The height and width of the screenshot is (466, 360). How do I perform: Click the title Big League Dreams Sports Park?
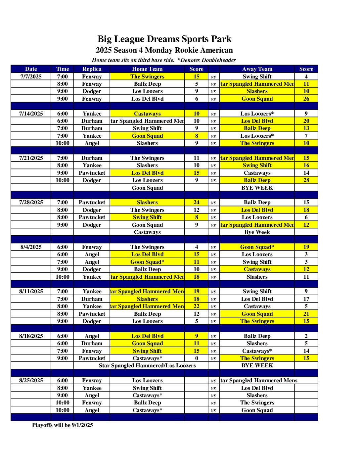coord(164,39)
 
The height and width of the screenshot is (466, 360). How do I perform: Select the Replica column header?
coord(92,69)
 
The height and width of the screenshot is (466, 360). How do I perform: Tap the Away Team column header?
coord(257,69)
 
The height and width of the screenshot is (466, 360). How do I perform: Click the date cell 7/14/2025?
coord(31,114)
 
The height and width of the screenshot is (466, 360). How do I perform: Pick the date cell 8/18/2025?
coord(31,336)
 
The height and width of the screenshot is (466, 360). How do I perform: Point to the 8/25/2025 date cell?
coord(31,380)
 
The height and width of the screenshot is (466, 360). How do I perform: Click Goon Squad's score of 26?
coord(306,99)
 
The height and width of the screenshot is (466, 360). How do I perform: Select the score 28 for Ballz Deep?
coord(306,180)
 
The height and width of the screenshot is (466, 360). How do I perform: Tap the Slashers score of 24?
coord(196,202)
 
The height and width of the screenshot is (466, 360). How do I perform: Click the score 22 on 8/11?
coord(196,306)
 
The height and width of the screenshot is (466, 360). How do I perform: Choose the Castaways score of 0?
coord(196,358)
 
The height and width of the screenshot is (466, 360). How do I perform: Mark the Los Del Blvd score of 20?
coord(306,121)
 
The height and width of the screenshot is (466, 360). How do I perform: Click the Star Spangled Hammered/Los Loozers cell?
coord(147,365)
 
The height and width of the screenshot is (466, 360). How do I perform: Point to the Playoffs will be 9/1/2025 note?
coord(62,425)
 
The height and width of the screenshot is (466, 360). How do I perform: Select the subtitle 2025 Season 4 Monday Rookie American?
coord(164,50)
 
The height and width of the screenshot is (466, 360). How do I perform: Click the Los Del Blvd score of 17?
coord(306,299)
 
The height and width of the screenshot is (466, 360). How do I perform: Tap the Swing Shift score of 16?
coord(306,165)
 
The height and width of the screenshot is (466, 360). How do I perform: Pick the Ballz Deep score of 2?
coord(306,336)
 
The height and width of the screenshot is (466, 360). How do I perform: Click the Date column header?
coord(31,69)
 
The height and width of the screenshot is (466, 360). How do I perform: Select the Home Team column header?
coord(147,69)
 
